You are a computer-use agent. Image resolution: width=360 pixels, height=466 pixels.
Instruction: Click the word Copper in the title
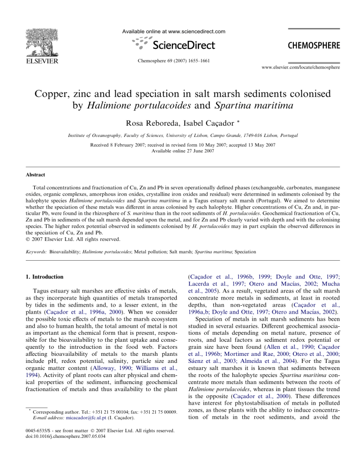tap(52, 93)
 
